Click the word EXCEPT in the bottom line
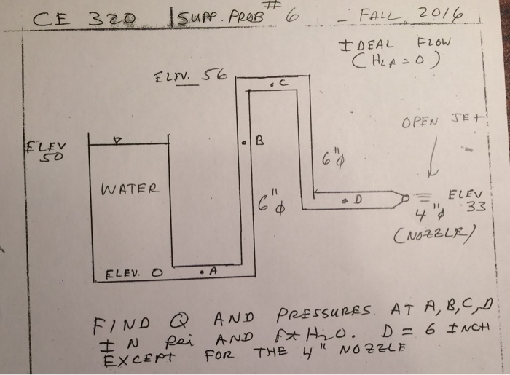(x=127, y=357)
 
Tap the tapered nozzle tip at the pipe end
(x=404, y=196)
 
